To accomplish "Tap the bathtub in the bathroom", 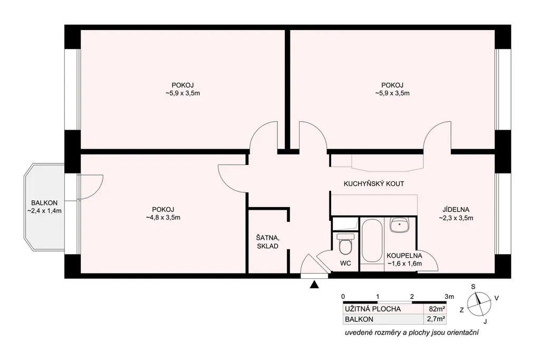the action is click(372, 241).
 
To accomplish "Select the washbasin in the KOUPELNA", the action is click(399, 225).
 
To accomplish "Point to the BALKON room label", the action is click(44, 203).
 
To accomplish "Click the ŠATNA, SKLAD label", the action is click(267, 241).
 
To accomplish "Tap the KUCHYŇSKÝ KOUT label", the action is click(374, 184).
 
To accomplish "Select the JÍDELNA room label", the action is click(456, 210).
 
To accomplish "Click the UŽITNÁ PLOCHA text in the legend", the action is click(373, 309).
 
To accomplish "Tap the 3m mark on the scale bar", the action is click(449, 296).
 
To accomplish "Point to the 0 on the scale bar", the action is click(343, 296).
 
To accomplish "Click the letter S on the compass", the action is click(473, 287).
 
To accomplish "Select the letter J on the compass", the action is click(485, 322).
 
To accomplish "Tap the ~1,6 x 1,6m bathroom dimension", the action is click(404, 264).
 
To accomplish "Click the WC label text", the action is click(345, 264).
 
